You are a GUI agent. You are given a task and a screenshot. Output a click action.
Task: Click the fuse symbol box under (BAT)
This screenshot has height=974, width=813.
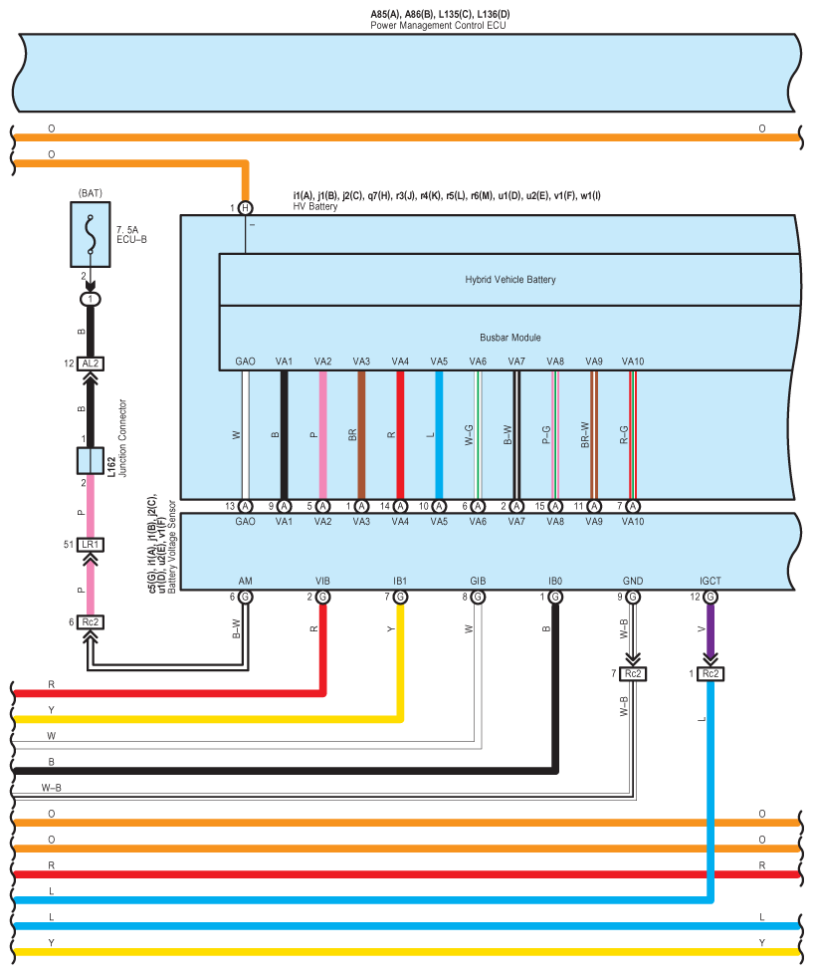point(91,235)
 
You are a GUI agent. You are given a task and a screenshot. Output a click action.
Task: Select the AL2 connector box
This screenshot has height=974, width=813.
point(90,364)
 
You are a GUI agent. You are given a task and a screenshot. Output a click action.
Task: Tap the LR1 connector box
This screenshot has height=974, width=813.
point(90,545)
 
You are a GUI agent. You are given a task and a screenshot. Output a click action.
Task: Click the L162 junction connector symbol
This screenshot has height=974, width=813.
point(90,461)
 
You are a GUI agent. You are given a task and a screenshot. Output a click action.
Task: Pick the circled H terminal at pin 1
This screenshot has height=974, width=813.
point(246,208)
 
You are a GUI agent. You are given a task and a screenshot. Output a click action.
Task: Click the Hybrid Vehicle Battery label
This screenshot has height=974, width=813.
point(510,280)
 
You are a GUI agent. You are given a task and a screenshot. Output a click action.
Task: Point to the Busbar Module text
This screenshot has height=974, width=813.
point(510,338)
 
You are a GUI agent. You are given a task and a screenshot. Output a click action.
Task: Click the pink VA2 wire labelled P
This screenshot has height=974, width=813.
point(322,435)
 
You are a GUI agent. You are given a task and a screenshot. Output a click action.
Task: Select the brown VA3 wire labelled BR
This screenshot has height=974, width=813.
point(361,435)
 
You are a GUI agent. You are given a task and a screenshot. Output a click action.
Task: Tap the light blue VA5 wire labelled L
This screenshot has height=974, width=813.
point(439,435)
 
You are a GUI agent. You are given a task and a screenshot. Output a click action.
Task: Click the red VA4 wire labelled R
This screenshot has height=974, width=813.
point(400,435)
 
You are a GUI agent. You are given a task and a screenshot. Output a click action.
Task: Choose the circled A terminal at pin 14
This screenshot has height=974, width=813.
point(400,506)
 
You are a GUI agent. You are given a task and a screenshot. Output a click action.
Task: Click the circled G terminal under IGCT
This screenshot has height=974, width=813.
point(711,597)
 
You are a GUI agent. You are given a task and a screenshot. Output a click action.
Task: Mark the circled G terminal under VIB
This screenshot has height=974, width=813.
point(322,597)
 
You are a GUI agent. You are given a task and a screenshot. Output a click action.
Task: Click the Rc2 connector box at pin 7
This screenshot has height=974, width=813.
point(633,674)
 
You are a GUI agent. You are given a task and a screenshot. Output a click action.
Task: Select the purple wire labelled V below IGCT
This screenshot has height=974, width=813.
point(711,628)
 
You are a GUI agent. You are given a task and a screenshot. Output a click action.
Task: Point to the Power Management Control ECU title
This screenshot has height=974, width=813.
point(438,26)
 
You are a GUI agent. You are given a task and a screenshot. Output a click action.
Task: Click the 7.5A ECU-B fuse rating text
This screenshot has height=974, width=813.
point(131,235)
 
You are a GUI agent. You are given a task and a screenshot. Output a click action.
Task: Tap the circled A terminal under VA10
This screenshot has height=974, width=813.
point(633,506)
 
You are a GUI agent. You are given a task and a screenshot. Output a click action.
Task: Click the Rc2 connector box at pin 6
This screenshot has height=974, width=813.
point(90,621)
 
